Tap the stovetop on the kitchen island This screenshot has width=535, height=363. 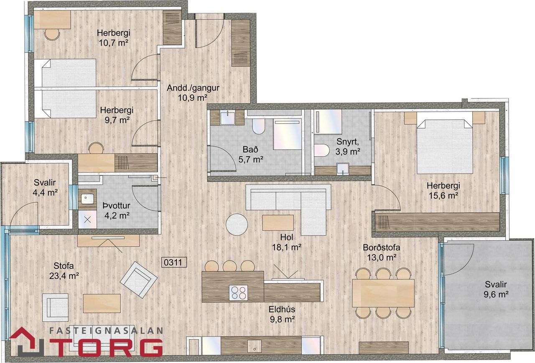pyautogui.click(x=238, y=293)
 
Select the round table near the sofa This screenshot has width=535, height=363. pyautogui.click(x=237, y=224)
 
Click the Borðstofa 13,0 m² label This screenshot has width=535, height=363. pyautogui.click(x=382, y=252)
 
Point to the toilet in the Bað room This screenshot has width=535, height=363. pyautogui.click(x=258, y=126)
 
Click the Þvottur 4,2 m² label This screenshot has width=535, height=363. pyautogui.click(x=117, y=211)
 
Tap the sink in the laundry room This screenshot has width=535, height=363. pyautogui.click(x=87, y=199)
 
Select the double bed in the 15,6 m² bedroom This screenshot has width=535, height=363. pyautogui.click(x=445, y=146)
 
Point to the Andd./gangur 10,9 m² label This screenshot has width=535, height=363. pyautogui.click(x=193, y=93)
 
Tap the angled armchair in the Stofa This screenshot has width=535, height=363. pyautogui.click(x=139, y=280)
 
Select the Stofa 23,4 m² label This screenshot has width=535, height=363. pyautogui.click(x=64, y=270)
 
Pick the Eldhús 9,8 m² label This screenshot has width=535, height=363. pyautogui.click(x=282, y=314)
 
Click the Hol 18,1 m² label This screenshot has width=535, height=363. pyautogui.click(x=286, y=242)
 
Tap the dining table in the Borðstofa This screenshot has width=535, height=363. pyautogui.click(x=383, y=293)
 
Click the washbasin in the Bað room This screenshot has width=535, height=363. pyautogui.click(x=227, y=118)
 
